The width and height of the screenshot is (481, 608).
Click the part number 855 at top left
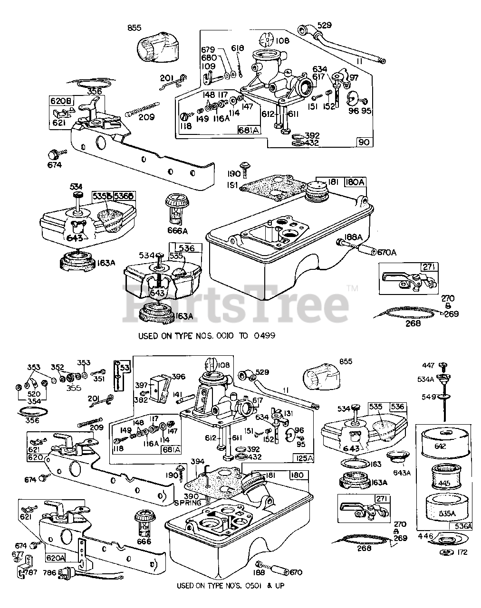pos(134,28)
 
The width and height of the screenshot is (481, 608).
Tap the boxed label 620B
pos(59,101)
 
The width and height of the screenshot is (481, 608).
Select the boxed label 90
pos(366,142)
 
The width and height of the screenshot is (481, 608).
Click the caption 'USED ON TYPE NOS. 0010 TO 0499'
pos(207,335)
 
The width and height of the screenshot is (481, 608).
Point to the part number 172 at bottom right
pos(462,552)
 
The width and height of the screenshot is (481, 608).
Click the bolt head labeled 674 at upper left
pos(53,154)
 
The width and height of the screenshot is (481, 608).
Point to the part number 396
pos(178,376)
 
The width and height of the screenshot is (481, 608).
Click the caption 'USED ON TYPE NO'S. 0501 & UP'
pos(230,586)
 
